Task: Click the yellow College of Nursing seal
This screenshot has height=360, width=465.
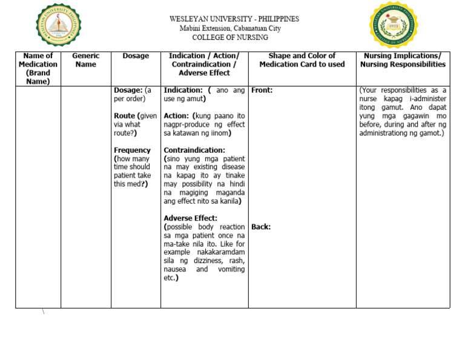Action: pyautogui.click(x=393, y=25)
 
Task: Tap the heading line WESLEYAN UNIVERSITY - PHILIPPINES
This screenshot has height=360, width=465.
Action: pyautogui.click(x=234, y=19)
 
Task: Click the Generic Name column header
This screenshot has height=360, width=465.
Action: pyautogui.click(x=85, y=60)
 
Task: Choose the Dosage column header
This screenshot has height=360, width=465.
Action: pyautogui.click(x=136, y=56)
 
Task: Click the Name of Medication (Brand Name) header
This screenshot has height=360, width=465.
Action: pyautogui.click(x=38, y=68)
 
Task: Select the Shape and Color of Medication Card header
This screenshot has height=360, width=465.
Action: pyautogui.click(x=302, y=60)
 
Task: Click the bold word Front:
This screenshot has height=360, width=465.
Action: pyautogui.click(x=262, y=90)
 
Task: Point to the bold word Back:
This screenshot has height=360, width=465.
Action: pyautogui.click(x=261, y=227)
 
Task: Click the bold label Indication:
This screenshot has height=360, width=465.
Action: pyautogui.click(x=183, y=90)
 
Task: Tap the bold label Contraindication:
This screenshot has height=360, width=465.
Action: pyautogui.click(x=194, y=150)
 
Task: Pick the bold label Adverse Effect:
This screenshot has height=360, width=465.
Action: pyautogui.click(x=190, y=218)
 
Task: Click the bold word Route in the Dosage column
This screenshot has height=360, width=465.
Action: pyautogui.click(x=124, y=116)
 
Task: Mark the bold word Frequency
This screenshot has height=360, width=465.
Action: pyautogui.click(x=132, y=150)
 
